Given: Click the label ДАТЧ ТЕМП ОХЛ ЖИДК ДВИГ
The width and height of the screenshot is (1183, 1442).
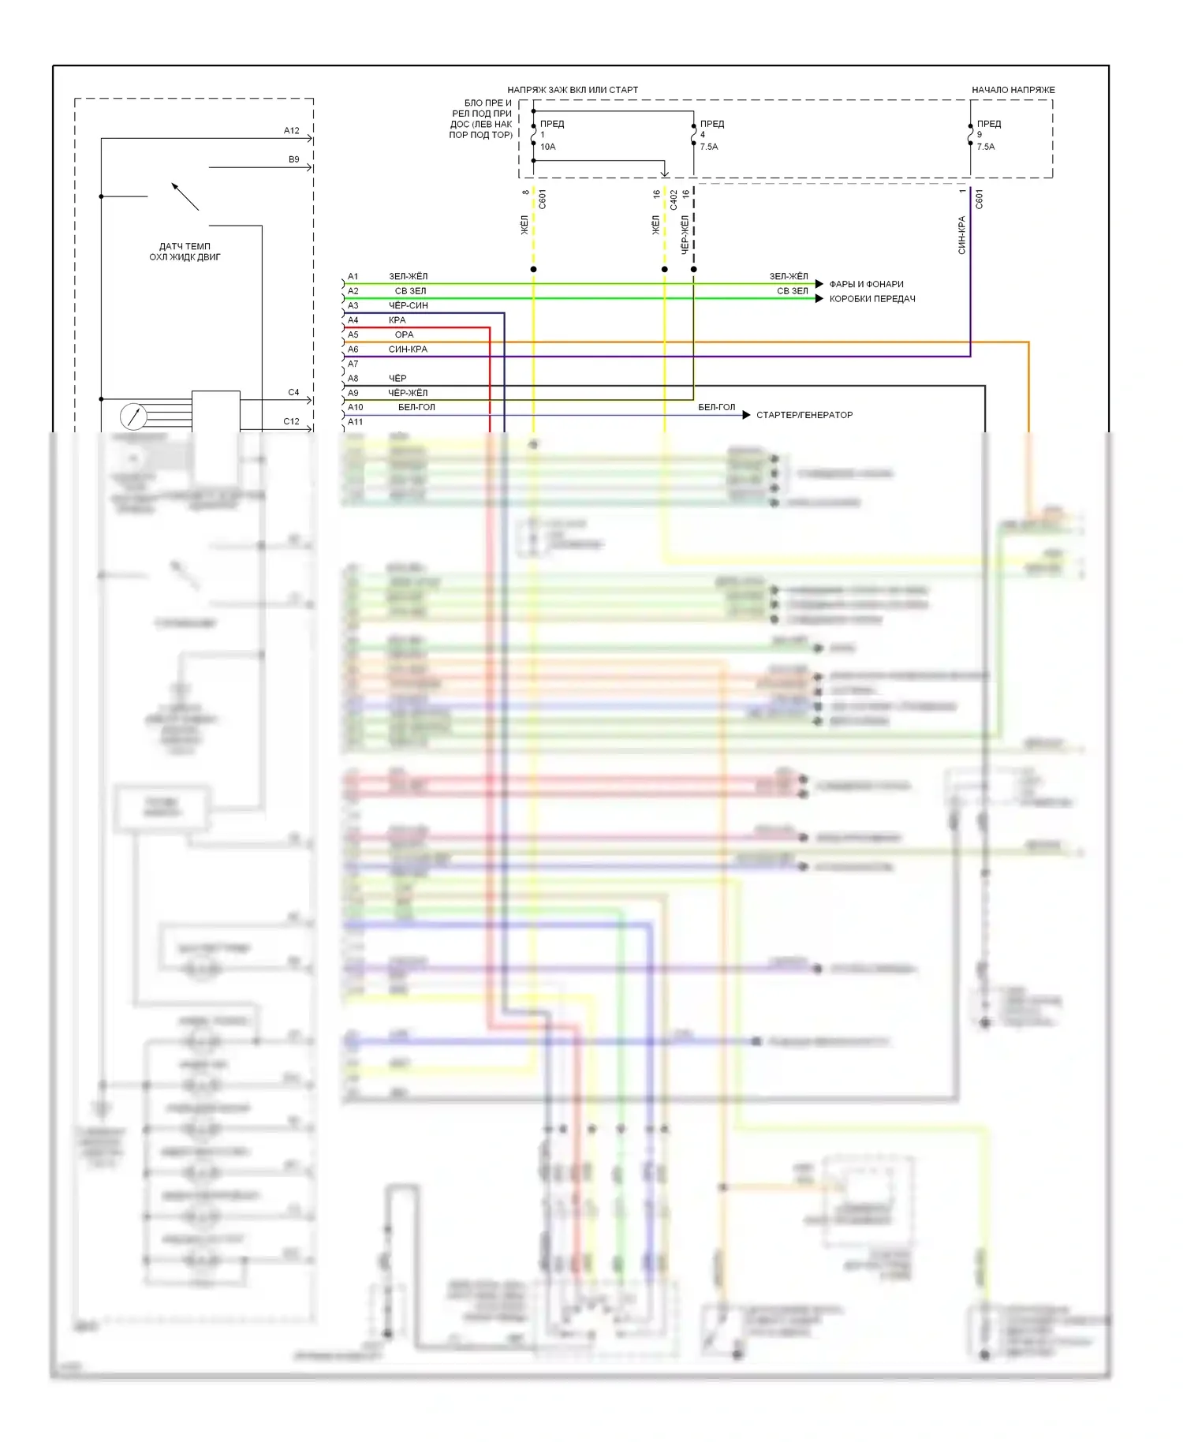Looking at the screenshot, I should [x=185, y=252].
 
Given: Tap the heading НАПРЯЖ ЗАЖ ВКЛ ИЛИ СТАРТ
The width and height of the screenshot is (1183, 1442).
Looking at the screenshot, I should [x=573, y=90].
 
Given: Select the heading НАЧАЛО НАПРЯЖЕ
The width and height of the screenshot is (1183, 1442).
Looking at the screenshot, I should [x=1013, y=90].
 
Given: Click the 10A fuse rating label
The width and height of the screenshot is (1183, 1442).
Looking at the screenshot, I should [x=547, y=147].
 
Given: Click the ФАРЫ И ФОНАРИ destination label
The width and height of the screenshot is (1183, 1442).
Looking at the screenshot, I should [x=866, y=284].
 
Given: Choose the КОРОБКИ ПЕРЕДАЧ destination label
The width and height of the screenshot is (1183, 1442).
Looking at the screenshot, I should [x=871, y=299].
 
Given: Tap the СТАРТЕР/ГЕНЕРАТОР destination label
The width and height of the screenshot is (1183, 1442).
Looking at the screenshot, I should [x=804, y=415].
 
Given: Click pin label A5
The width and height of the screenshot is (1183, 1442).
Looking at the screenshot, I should [x=353, y=334].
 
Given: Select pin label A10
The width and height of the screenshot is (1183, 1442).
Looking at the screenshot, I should [x=356, y=407].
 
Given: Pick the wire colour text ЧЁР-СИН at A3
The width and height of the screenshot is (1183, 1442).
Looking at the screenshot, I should [x=409, y=305].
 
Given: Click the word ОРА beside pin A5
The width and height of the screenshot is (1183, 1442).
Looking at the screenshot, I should [x=404, y=334].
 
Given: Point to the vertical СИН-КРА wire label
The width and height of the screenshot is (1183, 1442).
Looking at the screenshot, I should [x=961, y=235].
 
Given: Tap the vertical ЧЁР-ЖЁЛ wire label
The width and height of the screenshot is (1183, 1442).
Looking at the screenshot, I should [x=685, y=233].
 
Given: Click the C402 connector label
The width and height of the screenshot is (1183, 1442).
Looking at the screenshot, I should [x=674, y=200].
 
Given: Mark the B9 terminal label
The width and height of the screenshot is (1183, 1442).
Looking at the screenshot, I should [x=293, y=159].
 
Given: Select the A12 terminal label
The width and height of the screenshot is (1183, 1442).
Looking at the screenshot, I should [x=292, y=131].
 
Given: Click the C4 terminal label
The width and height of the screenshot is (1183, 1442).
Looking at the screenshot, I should [x=293, y=392].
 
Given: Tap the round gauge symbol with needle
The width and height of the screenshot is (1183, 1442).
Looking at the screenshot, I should [x=132, y=416].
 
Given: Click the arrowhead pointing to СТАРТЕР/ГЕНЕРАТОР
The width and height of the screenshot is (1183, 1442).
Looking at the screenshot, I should [x=746, y=415].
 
